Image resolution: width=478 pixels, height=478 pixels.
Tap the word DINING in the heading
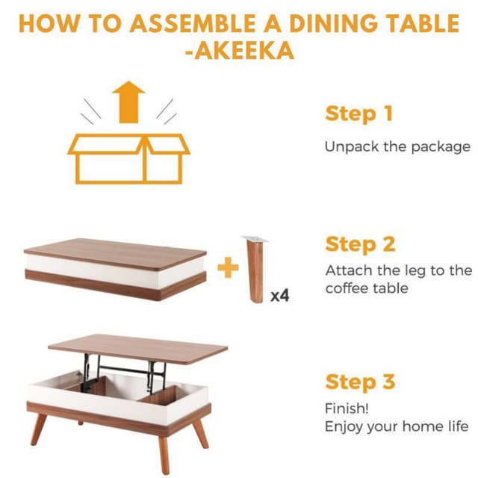coord(318,22)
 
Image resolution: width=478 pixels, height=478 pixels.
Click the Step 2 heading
coord(360,244)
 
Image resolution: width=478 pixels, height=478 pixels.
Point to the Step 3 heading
coord(359,382)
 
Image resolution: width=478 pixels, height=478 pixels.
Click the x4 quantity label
coord(279,296)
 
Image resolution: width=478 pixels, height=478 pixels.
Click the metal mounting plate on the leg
coord(254,239)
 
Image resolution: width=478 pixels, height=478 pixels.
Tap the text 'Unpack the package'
coord(397,146)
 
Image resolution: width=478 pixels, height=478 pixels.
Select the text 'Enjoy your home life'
coord(396,427)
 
